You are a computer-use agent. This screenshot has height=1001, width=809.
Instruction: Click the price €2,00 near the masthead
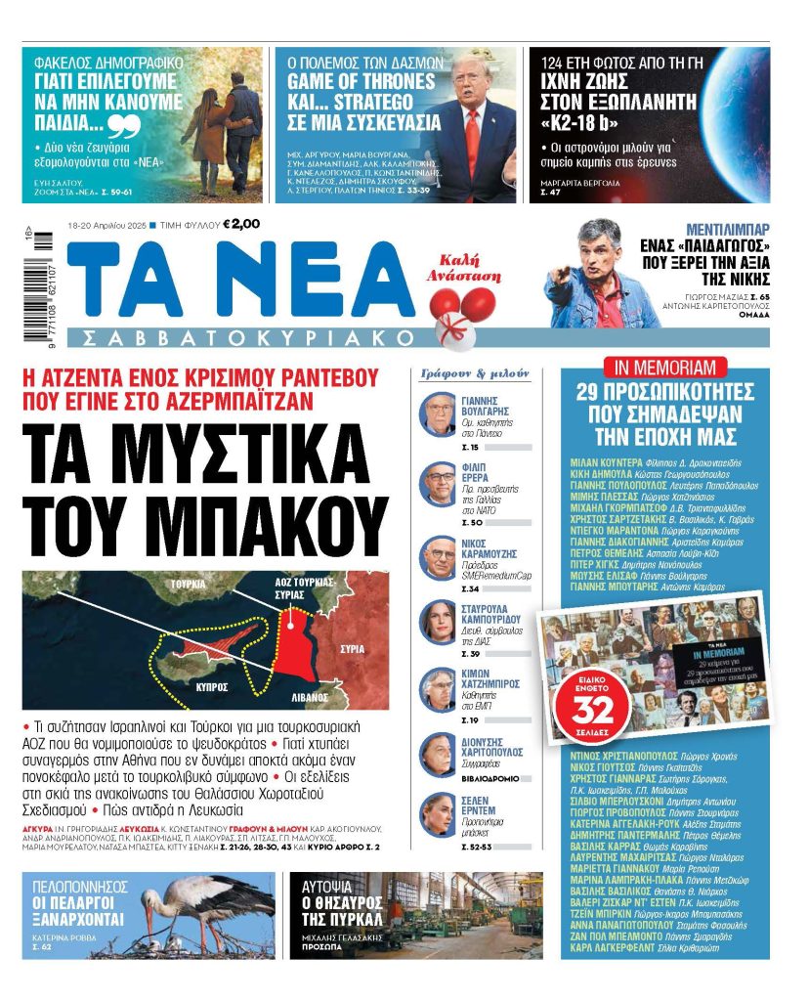click(x=241, y=224)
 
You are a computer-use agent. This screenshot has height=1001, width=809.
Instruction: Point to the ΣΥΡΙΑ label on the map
click(x=352, y=648)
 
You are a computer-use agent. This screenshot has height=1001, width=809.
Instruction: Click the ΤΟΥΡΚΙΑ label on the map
click(x=185, y=584)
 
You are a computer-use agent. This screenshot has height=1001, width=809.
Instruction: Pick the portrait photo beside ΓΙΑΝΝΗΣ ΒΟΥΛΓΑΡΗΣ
click(x=437, y=414)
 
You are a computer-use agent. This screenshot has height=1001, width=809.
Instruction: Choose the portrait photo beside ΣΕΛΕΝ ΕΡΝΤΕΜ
click(x=437, y=815)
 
